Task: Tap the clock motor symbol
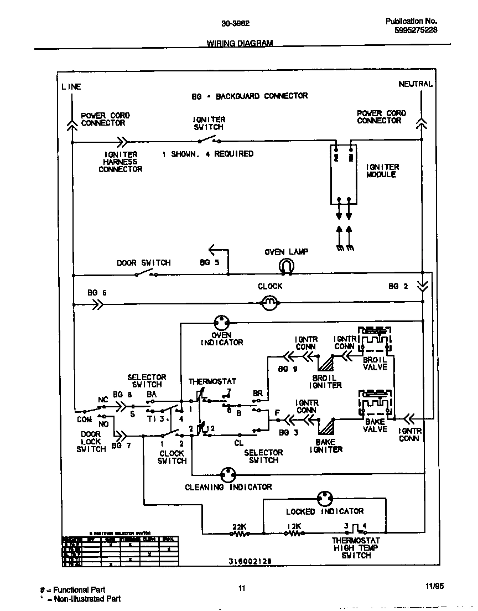(x=269, y=302)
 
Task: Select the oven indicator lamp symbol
(x=222, y=322)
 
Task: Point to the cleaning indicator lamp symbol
(x=227, y=475)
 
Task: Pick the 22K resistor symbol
(x=239, y=534)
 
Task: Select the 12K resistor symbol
(x=294, y=534)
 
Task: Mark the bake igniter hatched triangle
(x=326, y=424)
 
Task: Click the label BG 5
(x=209, y=262)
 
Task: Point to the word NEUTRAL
(x=415, y=84)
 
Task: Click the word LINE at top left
(x=71, y=86)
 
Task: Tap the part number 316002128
(x=250, y=561)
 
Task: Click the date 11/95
(x=435, y=586)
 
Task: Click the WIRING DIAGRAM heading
(x=240, y=43)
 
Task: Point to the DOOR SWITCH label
(x=144, y=262)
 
